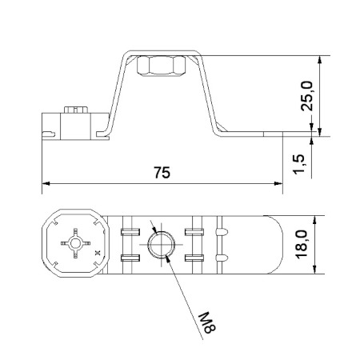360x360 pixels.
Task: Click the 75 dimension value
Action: (162, 173)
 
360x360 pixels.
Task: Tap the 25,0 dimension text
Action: (306, 96)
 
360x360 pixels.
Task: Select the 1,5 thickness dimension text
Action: (298, 164)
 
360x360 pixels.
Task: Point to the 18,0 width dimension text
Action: (302, 245)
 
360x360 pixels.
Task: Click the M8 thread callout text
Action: (207, 322)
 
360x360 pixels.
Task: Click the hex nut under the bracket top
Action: (161, 66)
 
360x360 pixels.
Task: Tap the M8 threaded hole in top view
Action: (162, 245)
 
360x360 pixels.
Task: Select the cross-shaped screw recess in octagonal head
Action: (75, 243)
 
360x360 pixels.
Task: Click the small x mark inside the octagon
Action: (98, 252)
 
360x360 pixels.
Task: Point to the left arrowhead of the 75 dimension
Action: (46, 183)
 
